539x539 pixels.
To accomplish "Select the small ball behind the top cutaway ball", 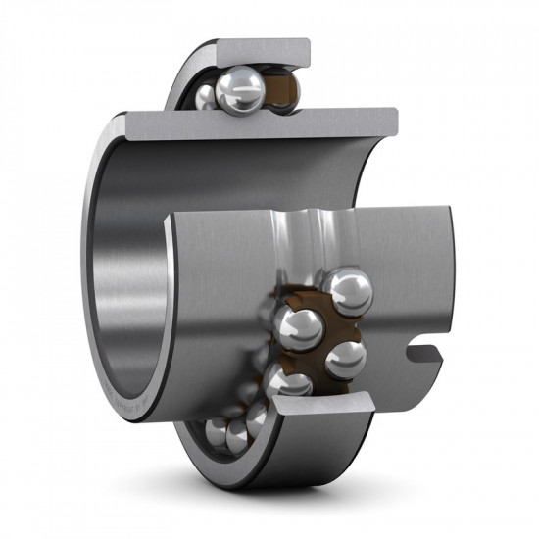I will pyautogui.click(x=204, y=95).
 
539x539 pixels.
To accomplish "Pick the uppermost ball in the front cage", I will pyautogui.click(x=349, y=292).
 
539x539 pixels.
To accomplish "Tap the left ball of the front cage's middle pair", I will pyautogui.click(x=300, y=329).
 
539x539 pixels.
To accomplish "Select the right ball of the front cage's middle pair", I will pyautogui.click(x=345, y=359).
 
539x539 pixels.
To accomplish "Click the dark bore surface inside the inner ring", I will pyautogui.click(x=122, y=294).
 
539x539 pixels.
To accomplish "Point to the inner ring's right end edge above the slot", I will pyautogui.click(x=447, y=274).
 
